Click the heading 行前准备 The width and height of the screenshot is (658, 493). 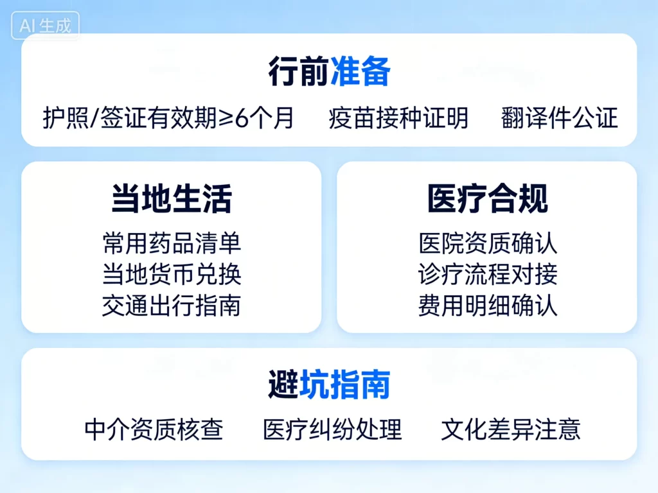pos(329,72)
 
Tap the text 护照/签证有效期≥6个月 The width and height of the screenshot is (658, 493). pos(168,118)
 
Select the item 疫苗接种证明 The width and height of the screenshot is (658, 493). pos(398,118)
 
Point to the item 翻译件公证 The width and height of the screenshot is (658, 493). pos(559,118)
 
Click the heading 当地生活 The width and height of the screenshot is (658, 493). pos(172,199)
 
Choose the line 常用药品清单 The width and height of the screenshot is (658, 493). pos(172,243)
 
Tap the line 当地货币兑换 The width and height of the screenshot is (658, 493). pos(172,275)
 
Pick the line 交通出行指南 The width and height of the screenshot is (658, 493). pos(172,306)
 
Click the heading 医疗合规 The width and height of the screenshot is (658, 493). pos(488,199)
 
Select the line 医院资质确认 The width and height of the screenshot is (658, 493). pos(488,243)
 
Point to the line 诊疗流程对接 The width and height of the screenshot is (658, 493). pos(488,275)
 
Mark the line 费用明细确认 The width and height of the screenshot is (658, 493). pos(488,306)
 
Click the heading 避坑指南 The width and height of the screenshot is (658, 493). pos(329,385)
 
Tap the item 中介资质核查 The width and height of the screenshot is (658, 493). pos(154,429)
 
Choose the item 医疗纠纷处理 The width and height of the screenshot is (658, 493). pos(332,429)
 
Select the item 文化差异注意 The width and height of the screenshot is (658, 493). pos(511,429)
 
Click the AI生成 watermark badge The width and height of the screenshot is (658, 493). pos(45,26)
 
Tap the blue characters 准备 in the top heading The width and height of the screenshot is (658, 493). pos(360,72)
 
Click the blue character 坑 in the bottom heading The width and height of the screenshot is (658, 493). pos(314,385)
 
